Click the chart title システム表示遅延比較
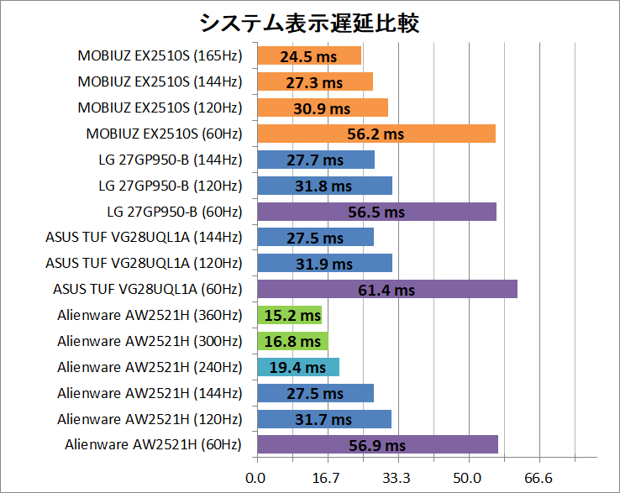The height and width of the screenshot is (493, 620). click(309, 23)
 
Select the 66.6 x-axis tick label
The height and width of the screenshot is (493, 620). click(538, 479)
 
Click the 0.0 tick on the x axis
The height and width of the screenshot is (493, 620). click(255, 479)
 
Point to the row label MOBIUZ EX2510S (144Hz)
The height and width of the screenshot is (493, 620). click(160, 82)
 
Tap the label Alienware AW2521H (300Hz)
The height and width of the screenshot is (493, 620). click(150, 342)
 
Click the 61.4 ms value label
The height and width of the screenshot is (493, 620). click(387, 291)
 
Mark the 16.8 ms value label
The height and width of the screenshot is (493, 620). click(292, 342)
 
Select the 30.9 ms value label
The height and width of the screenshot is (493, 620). click(322, 108)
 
